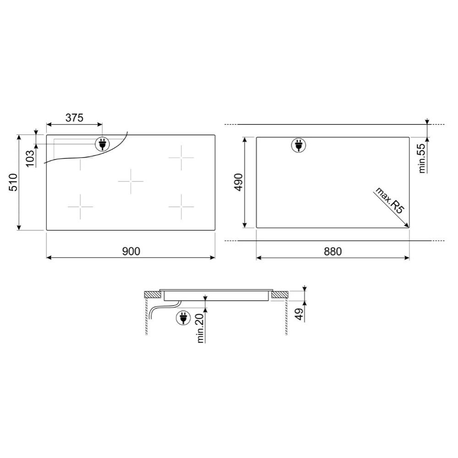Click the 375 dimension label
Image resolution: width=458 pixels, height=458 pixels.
pyautogui.click(x=74, y=118)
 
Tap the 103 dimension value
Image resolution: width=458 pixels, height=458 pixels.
pyautogui.click(x=30, y=158)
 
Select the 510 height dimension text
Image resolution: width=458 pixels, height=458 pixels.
pyautogui.click(x=13, y=182)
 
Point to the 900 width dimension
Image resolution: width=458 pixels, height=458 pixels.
pyautogui.click(x=131, y=251)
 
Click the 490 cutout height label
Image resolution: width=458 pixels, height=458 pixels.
pyautogui.click(x=239, y=182)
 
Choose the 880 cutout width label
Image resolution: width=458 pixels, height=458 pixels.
pyautogui.click(x=333, y=251)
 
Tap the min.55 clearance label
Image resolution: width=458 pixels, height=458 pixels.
pyautogui.click(x=422, y=158)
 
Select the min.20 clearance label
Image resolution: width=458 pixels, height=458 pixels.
pyautogui.click(x=201, y=328)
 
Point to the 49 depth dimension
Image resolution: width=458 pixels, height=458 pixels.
pyautogui.click(x=300, y=314)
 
